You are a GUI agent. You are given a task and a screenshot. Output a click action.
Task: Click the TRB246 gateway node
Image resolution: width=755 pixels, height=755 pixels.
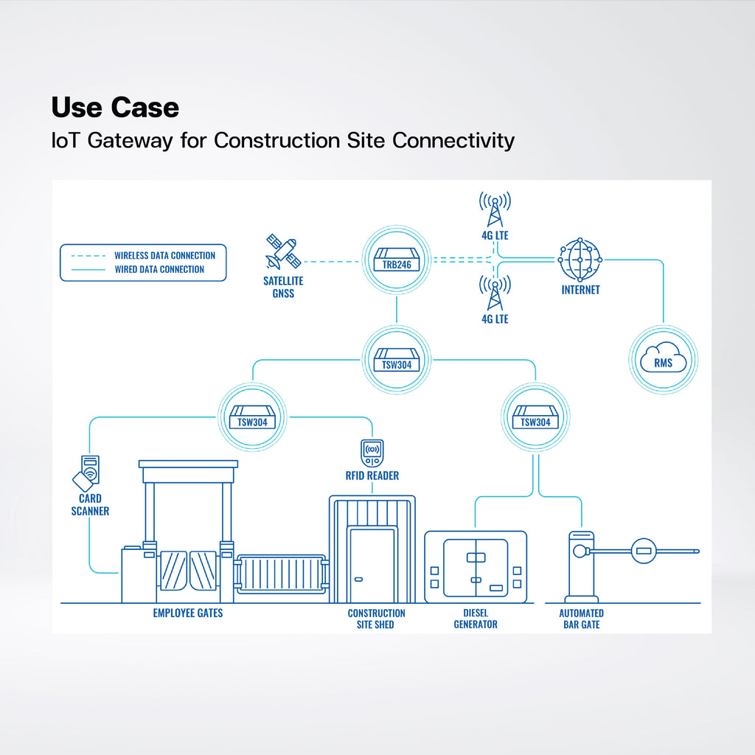[396, 260]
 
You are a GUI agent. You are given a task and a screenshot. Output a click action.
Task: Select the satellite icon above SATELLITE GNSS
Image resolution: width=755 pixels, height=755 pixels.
[283, 251]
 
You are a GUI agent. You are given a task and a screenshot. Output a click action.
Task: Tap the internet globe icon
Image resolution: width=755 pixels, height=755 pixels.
[580, 260]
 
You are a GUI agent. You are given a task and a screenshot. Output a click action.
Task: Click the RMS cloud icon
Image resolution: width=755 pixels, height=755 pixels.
[663, 360]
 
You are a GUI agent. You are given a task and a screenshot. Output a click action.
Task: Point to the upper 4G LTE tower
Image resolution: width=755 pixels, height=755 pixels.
[495, 209]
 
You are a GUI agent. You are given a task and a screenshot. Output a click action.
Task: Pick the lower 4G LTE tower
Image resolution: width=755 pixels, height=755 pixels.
[495, 293]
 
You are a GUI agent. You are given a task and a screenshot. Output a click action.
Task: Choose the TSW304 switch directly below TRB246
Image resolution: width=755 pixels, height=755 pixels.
[396, 360]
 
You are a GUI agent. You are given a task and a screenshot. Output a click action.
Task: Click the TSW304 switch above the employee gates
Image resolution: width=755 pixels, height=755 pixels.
[252, 417]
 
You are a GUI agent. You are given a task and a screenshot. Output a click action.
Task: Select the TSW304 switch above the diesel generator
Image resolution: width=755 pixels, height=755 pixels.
[535, 417]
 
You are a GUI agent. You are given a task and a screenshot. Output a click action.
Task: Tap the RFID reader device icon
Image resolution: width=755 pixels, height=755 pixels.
[372, 453]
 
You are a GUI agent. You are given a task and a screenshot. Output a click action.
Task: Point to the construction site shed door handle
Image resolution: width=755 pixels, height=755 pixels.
[359, 580]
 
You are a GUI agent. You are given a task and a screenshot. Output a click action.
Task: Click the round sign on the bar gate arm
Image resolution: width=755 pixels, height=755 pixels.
[644, 551]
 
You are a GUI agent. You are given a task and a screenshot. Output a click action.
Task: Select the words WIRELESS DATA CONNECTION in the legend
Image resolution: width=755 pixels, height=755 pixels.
[164, 255]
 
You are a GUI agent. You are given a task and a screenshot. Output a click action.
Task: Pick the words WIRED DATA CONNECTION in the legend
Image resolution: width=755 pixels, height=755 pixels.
[159, 269]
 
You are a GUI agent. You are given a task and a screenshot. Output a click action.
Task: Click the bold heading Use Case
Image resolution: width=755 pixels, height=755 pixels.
[115, 107]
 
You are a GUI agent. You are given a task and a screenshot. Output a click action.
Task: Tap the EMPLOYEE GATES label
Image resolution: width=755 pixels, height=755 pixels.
[188, 613]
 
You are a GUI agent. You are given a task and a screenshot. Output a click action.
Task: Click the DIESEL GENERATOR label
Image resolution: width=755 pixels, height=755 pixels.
[476, 619]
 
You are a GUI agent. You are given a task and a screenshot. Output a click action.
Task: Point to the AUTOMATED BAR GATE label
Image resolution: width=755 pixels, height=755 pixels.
[581, 619]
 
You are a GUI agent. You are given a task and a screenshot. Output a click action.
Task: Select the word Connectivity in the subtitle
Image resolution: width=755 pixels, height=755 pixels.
[453, 141]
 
